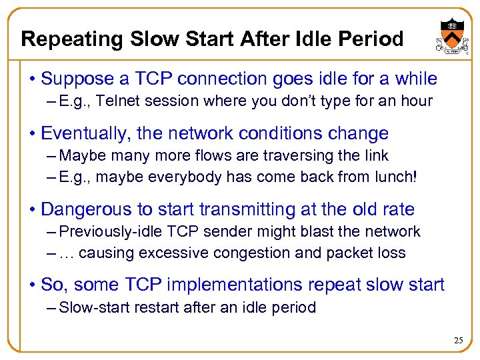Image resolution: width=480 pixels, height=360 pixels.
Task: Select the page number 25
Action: [458, 341]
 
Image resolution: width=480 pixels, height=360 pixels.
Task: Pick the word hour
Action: [418, 101]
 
